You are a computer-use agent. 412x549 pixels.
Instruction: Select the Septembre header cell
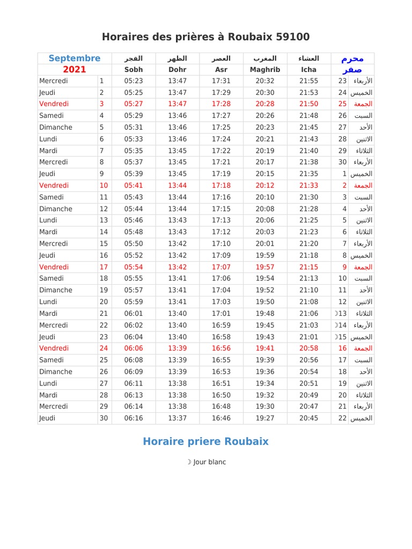75,58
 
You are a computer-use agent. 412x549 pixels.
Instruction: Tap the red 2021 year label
75,70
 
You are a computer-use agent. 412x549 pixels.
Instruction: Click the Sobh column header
134,70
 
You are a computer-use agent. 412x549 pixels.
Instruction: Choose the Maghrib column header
265,70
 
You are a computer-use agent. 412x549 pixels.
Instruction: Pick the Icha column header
308,70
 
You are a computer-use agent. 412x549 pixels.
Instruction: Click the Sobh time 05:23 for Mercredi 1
134,81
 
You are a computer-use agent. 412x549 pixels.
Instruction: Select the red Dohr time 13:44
178,186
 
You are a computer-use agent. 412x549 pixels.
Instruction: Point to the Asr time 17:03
221,302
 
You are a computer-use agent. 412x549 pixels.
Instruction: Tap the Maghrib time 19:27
265,418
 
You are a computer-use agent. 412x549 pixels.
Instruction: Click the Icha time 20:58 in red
308,348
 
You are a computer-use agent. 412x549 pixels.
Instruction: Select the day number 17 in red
104,267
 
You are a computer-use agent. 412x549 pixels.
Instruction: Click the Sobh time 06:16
134,418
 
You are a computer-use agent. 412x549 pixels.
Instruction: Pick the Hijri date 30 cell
342,162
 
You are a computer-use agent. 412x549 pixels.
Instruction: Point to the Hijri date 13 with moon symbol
340,314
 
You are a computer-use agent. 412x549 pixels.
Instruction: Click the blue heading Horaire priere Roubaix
205,442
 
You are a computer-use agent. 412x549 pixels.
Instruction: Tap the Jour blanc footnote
206,462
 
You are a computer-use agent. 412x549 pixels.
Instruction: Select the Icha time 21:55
308,81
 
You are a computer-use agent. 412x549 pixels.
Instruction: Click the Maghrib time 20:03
265,232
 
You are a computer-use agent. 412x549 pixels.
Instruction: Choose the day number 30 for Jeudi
104,418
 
